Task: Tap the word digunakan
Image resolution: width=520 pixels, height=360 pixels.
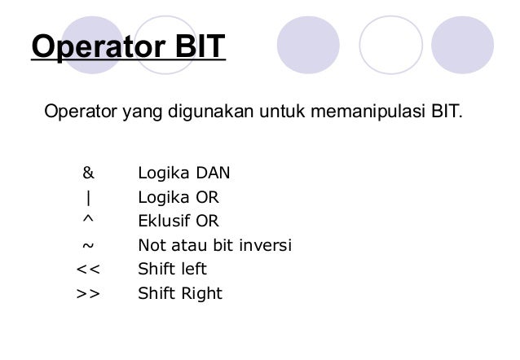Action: coord(210,110)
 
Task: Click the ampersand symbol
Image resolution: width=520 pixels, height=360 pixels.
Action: coord(88,173)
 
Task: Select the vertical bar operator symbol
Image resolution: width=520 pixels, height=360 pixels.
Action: coord(87,197)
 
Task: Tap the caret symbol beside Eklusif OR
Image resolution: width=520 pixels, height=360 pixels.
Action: coord(87,219)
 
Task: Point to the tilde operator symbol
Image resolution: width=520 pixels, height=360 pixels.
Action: coord(87,245)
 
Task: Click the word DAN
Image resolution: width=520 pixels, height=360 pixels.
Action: coord(212,173)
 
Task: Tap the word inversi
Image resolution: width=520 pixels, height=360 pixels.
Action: coord(263,245)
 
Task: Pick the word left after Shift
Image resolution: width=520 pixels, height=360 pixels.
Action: coord(195,269)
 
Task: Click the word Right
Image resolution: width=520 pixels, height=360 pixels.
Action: coord(202,293)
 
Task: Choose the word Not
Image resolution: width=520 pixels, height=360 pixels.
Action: coord(151,245)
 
